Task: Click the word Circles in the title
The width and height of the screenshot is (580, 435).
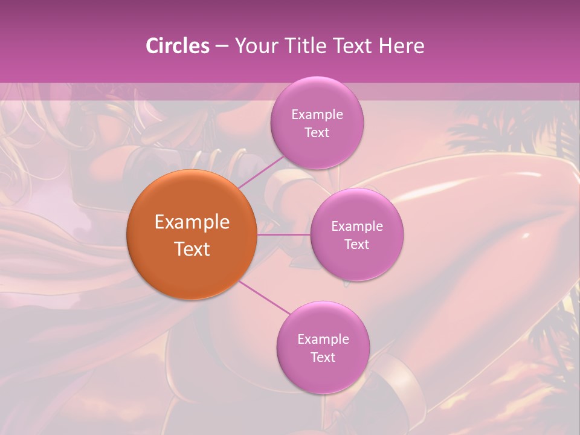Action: coord(177,46)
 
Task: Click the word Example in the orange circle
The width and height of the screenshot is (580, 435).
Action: coord(192,222)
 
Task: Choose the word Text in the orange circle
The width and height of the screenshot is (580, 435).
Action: coord(192,249)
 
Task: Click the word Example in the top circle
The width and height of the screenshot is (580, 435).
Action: coord(317,114)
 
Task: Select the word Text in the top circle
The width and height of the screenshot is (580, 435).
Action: coord(317,132)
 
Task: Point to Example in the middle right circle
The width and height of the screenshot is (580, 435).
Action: coord(357,226)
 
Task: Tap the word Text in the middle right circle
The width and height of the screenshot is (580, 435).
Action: coord(356,244)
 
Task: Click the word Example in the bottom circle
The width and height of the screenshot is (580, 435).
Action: coord(323,339)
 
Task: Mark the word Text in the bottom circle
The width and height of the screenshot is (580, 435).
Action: coord(323,357)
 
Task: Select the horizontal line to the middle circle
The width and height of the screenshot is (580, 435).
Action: coord(283,234)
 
